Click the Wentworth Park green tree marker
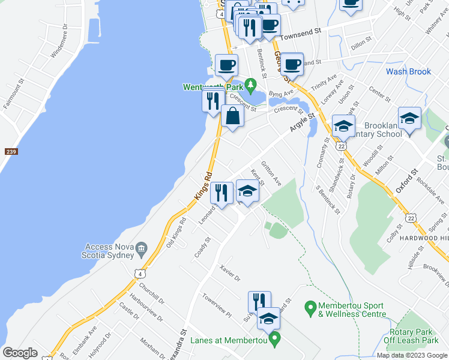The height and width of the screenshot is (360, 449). click(252, 85)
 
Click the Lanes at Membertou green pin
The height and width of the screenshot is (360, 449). click(275, 340)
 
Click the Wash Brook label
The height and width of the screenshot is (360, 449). click(408, 71)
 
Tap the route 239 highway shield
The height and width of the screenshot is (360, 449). click(10, 152)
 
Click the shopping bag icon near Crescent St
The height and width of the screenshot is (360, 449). click(232, 116)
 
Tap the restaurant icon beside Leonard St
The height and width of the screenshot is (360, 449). click(221, 193)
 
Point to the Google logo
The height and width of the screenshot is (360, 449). click(20, 353)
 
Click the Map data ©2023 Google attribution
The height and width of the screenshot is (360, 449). click(412, 355)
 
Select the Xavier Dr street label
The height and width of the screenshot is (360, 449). click(229, 274)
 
